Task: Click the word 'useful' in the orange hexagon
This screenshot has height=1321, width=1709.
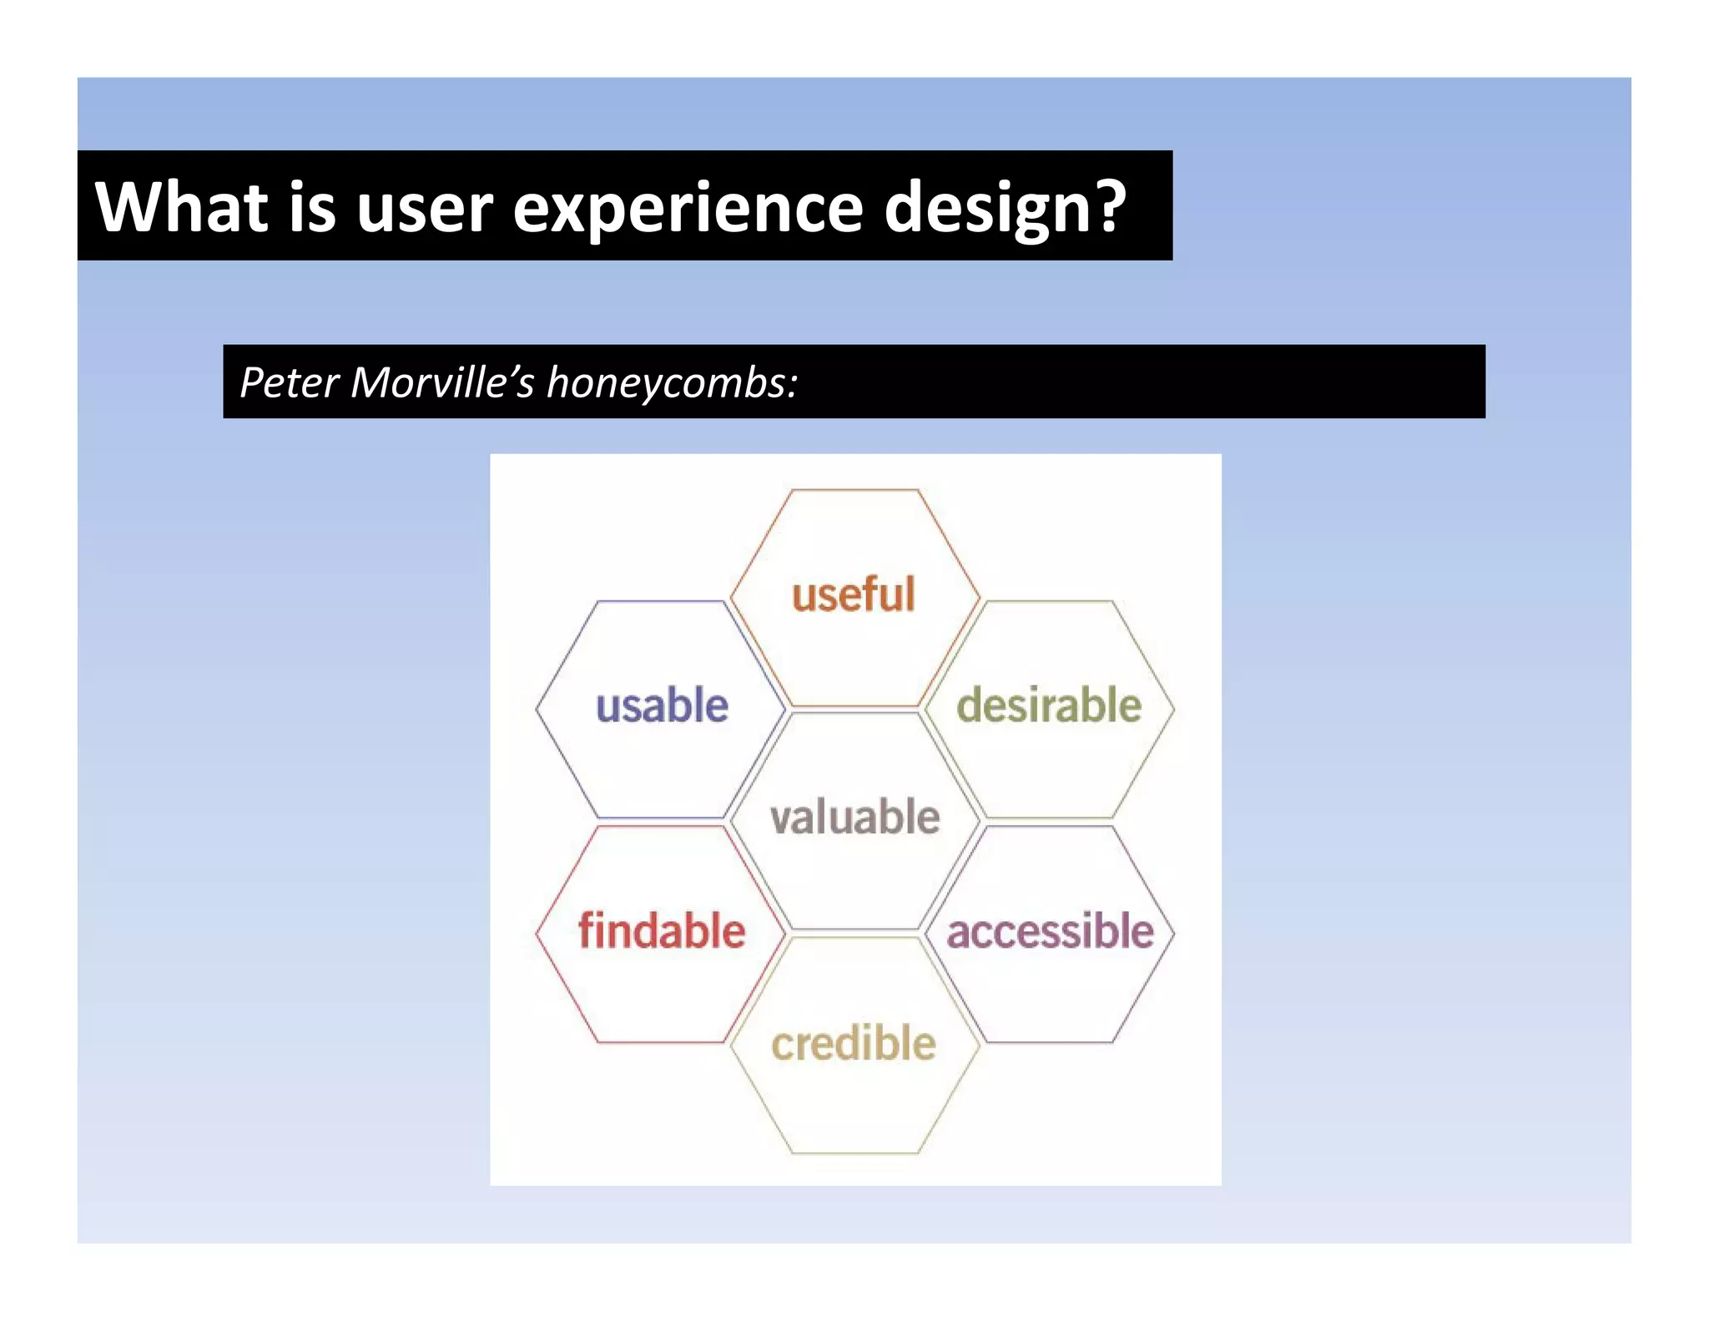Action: click(853, 595)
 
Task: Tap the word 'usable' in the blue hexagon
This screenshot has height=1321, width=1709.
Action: click(662, 706)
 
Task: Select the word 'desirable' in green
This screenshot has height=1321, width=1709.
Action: click(1049, 706)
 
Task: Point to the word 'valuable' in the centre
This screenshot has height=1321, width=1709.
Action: click(854, 817)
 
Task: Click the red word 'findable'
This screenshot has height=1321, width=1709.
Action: click(662, 930)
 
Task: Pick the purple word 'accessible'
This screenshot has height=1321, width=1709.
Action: click(1050, 930)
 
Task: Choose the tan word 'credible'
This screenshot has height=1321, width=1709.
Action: click(853, 1044)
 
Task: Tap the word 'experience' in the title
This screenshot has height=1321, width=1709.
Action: click(688, 208)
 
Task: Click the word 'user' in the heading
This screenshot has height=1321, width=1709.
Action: click(425, 208)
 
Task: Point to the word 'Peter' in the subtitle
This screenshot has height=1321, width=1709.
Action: click(289, 382)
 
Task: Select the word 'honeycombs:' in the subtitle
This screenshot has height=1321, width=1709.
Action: click(673, 382)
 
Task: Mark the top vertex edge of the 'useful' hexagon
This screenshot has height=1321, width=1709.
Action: click(854, 490)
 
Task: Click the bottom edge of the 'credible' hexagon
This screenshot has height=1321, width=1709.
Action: click(854, 1153)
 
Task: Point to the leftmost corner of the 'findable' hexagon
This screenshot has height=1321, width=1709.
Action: click(537, 934)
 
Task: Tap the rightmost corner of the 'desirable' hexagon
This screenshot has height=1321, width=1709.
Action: click(1174, 709)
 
